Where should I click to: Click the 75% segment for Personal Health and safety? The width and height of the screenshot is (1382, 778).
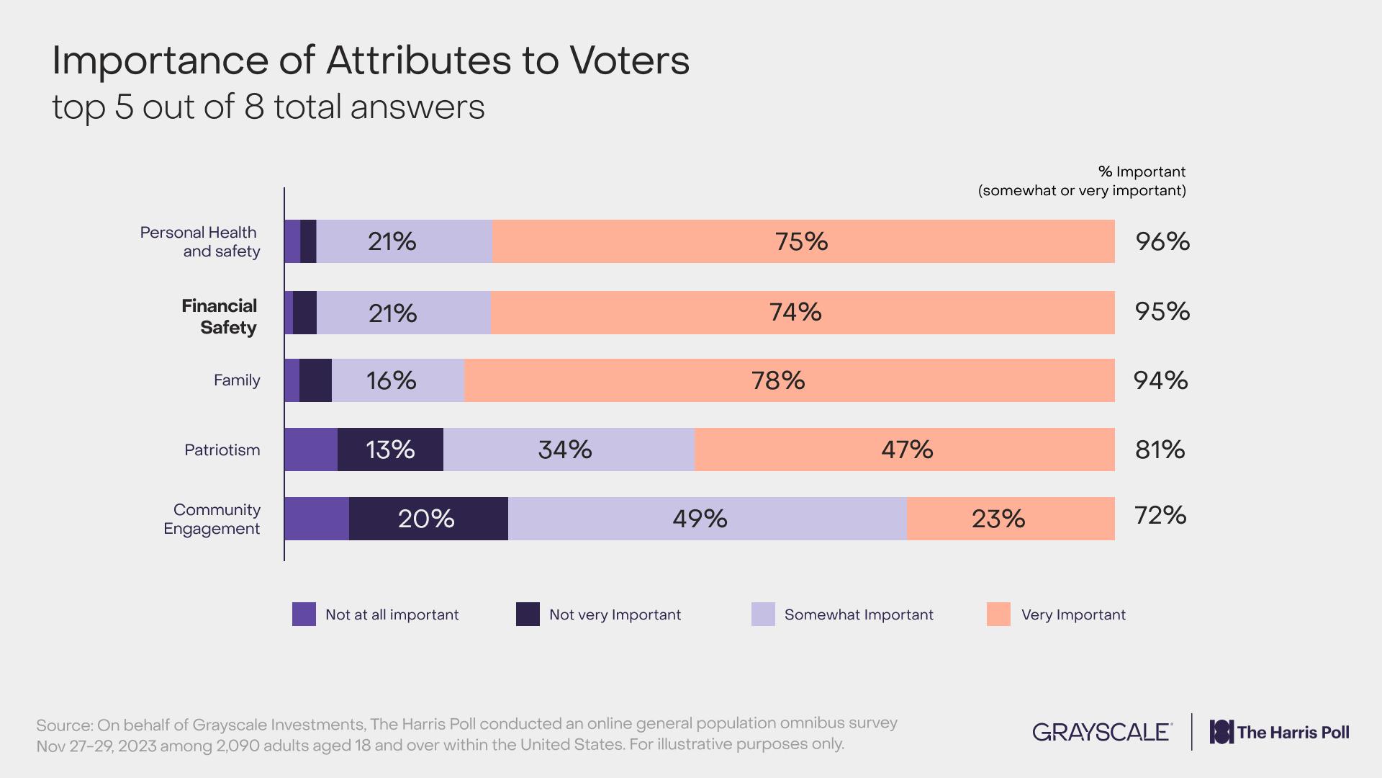803,241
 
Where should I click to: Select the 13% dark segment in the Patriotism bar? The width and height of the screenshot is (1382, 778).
390,450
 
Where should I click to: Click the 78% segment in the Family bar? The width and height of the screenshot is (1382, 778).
789,380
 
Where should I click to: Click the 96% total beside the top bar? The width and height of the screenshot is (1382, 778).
1162,241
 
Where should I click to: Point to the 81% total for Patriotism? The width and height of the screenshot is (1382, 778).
1160,450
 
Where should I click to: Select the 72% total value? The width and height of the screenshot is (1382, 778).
1160,515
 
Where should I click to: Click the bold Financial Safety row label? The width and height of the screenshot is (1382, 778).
220,316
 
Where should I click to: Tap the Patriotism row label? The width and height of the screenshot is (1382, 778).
222,450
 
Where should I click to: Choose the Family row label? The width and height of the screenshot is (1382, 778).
237,380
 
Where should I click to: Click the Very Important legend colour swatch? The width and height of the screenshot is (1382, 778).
998,614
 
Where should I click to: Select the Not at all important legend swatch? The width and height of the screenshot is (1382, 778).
304,614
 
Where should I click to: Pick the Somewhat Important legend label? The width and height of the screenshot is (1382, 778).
859,614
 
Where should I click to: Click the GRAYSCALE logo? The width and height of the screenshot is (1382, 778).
1102,732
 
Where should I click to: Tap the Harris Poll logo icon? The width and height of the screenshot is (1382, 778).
1221,732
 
